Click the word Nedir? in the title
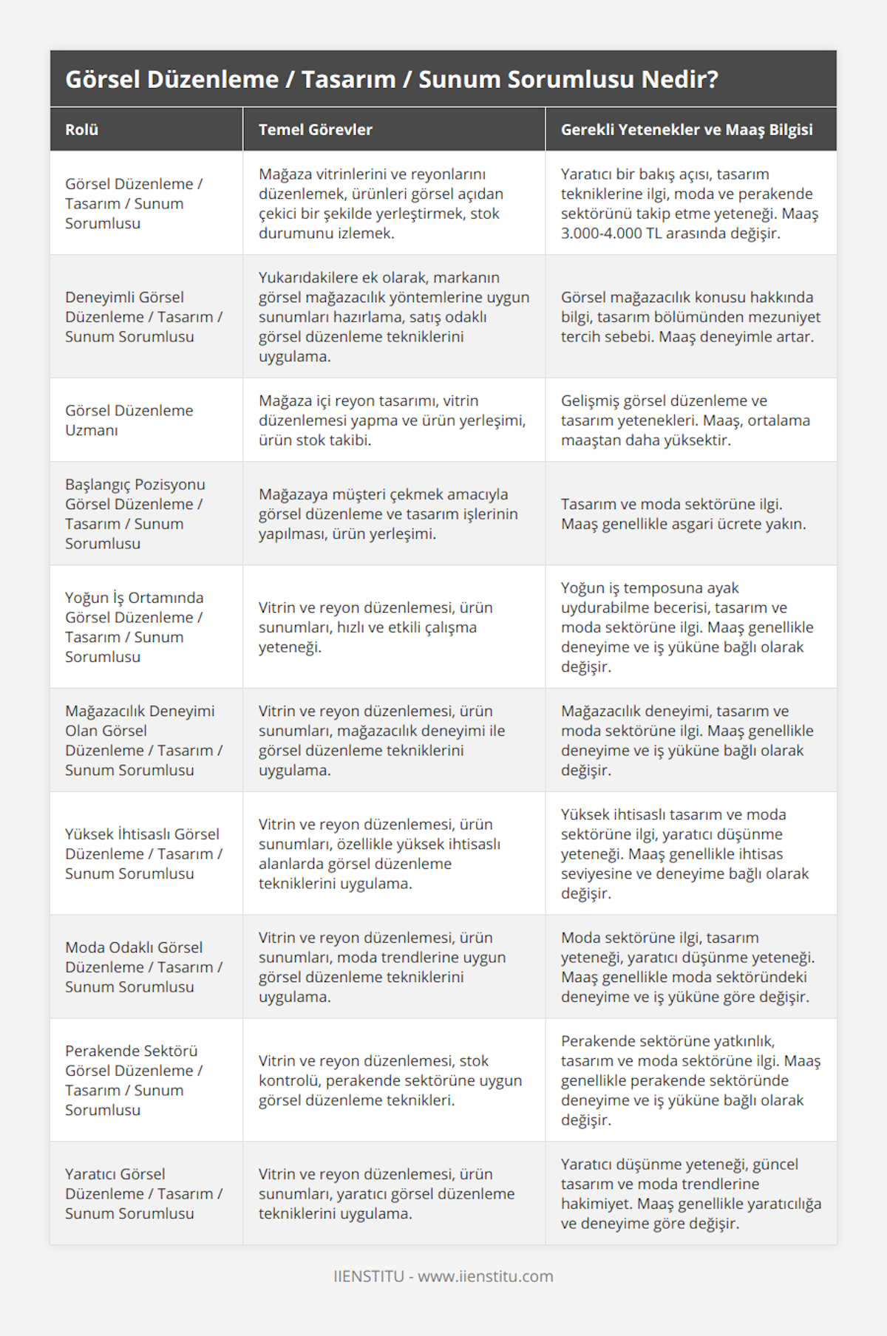tap(679, 79)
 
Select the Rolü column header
tap(81, 130)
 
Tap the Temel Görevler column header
tap(315, 130)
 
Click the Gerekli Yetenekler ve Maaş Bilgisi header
tap(686, 130)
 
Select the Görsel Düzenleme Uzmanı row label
tap(129, 420)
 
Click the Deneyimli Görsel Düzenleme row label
tap(143, 316)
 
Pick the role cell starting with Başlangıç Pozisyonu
tap(135, 514)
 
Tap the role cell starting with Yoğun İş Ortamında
tap(134, 627)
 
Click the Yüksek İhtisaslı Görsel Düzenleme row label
tap(143, 853)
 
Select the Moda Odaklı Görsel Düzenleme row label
tap(143, 967)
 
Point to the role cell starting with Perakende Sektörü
tap(134, 1080)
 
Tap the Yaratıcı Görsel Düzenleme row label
tap(143, 1193)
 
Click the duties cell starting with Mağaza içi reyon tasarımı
tap(392, 420)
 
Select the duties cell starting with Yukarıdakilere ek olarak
tap(393, 316)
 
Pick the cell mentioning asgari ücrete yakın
tap(683, 514)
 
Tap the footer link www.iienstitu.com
tap(486, 1276)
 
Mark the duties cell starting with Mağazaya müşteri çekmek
tap(387, 514)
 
